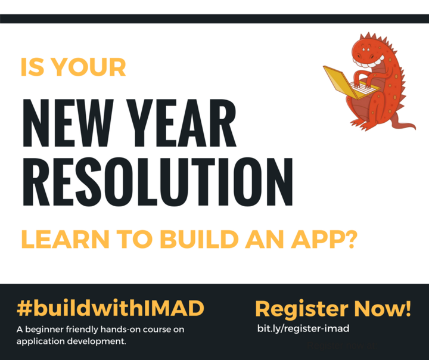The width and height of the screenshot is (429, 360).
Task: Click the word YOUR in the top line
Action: coord(89,67)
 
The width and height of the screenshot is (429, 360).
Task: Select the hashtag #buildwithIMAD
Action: coord(110,309)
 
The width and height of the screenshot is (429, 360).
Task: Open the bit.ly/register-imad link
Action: coord(303,328)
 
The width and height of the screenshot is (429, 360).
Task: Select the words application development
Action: coord(71,342)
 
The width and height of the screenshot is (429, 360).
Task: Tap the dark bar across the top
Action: coord(214,18)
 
